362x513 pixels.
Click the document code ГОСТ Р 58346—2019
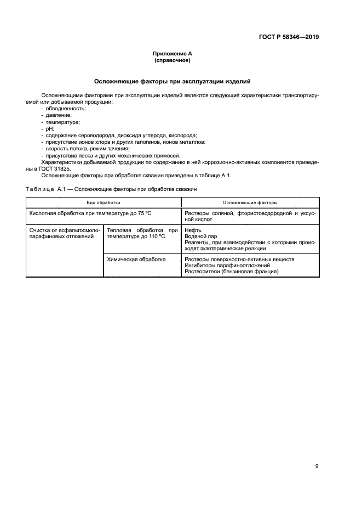tap(289, 37)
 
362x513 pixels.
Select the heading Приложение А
tap(173, 54)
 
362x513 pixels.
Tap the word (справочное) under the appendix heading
tap(173, 60)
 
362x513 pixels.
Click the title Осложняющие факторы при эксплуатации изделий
tap(173, 81)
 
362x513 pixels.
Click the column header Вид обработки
tap(104, 202)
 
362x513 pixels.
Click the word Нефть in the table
tap(194, 230)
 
